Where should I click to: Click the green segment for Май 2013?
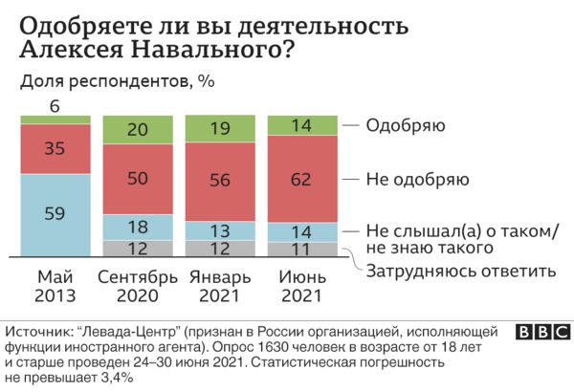click(55, 120)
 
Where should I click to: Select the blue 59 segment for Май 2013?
click(55, 214)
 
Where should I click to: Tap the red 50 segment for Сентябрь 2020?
click(138, 178)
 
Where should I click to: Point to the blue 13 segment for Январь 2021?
click(220, 230)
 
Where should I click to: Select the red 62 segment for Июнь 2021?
click(301, 179)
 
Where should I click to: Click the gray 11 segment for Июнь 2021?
click(301, 249)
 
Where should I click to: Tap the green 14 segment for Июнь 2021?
click(301, 125)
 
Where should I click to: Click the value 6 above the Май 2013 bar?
click(55, 105)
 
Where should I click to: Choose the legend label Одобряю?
click(408, 125)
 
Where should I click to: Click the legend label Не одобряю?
click(416, 178)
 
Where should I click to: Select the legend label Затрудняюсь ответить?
click(461, 271)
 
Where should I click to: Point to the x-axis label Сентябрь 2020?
click(138, 286)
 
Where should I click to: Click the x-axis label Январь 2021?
click(220, 286)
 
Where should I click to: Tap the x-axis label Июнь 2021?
click(301, 286)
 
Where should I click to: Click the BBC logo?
click(541, 332)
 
